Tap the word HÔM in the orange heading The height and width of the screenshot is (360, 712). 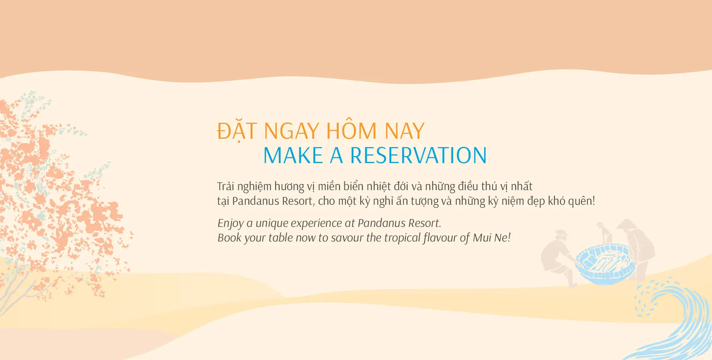pos(351,131)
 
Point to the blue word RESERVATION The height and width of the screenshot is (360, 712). pos(418,156)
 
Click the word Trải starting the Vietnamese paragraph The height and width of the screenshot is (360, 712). pos(226,186)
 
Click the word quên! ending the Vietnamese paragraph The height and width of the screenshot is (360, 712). pos(582,201)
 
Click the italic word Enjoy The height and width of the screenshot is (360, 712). pos(230,223)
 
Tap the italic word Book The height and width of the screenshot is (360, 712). pos(229,238)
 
